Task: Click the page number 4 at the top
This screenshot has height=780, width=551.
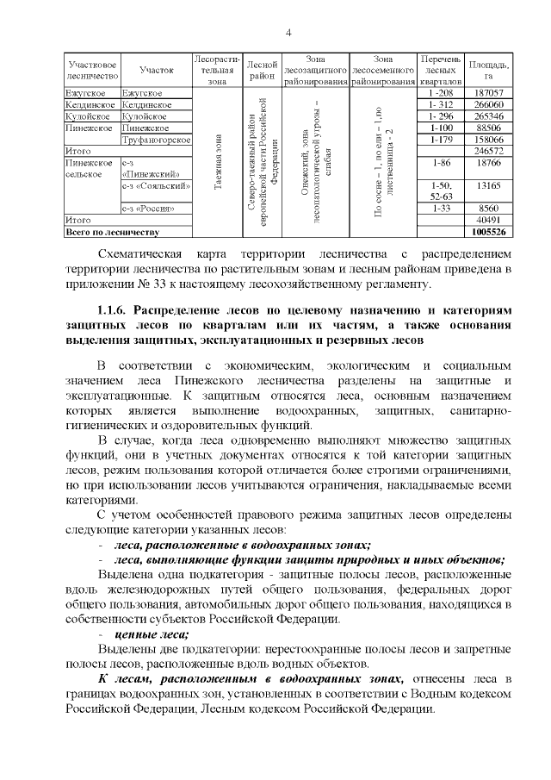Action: [x=288, y=33]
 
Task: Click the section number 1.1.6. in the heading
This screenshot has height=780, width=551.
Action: [x=116, y=308]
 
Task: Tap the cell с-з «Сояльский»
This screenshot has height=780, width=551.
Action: [x=156, y=184]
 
